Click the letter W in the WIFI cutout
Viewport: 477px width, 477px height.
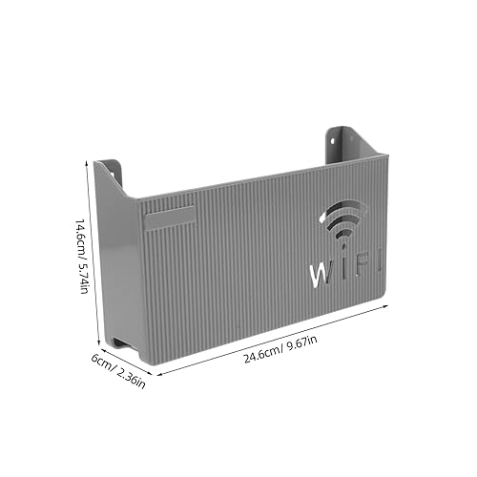[321, 274]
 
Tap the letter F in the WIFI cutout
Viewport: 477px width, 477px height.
[361, 265]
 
